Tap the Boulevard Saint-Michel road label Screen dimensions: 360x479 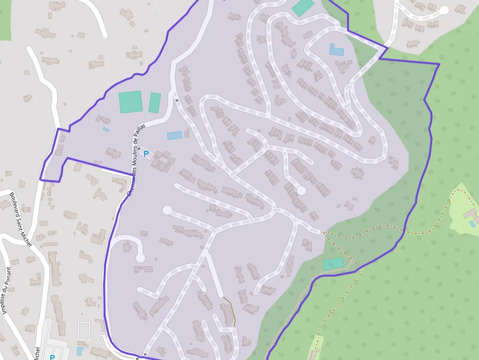coord(20,219)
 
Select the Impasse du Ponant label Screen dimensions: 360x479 coord(6,291)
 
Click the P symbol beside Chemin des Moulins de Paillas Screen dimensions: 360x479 coord(146,153)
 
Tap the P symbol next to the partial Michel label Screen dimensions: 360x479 coord(52,357)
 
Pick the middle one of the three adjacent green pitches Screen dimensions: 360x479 coord(136,101)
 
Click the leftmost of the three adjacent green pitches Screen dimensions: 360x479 coord(125,102)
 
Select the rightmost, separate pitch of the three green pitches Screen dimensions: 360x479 coord(155,103)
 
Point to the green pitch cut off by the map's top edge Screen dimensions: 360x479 coord(303,7)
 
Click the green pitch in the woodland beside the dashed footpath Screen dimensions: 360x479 coord(333,263)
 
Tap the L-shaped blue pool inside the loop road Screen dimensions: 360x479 coord(336,50)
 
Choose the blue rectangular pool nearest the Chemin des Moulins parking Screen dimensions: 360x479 coord(174,135)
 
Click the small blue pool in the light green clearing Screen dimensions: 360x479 coord(472,224)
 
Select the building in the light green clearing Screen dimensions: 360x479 coord(470,214)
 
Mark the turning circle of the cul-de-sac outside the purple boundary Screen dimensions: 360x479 coord(444,10)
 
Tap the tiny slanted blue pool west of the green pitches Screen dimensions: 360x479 coord(106,129)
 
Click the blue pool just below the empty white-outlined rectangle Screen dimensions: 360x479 coord(80,351)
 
